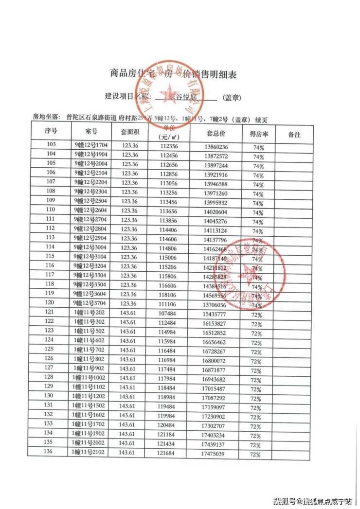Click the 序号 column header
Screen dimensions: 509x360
click(x=51, y=131)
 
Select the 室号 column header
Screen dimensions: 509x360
click(x=91, y=131)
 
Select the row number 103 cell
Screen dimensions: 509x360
click(x=51, y=145)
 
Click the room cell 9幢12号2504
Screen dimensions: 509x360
click(x=92, y=201)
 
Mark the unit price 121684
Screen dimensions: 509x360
click(x=168, y=454)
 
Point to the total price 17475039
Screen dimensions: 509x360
click(x=213, y=454)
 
